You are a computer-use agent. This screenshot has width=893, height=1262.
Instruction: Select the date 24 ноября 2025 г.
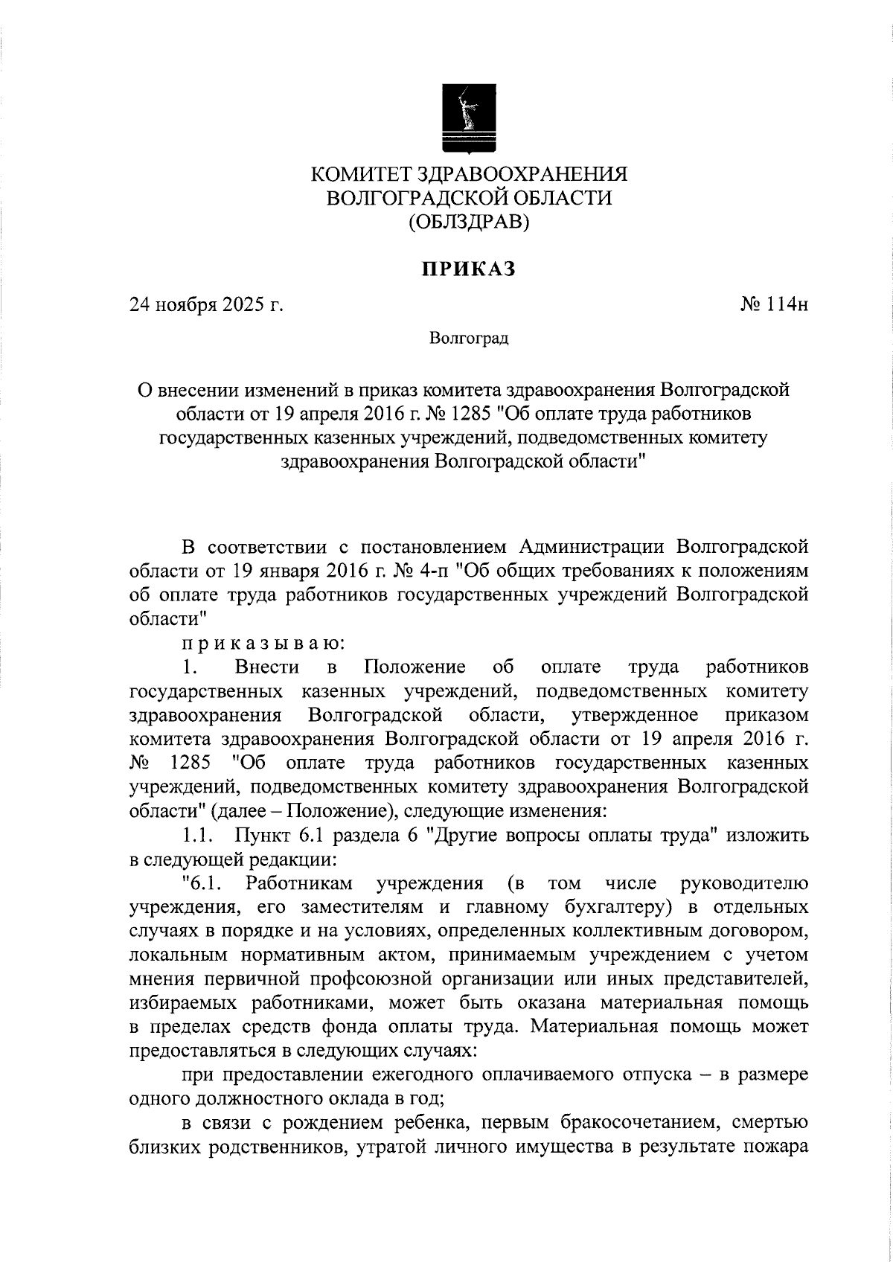[207, 304]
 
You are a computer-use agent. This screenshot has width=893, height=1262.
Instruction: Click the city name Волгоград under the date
[469, 339]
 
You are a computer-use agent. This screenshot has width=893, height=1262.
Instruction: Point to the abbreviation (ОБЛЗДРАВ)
[469, 221]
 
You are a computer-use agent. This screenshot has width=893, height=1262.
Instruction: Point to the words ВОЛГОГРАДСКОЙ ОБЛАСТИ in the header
[469, 197]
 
